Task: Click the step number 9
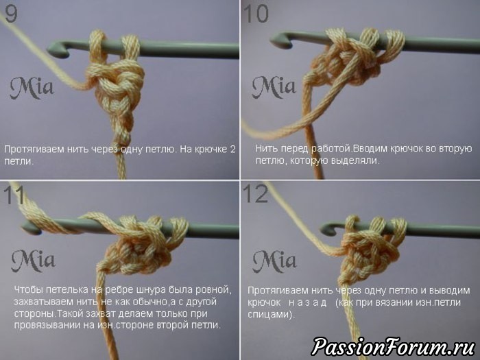coord(11,14)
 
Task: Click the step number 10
coord(256,14)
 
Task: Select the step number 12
coord(255,194)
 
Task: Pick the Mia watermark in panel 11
coord(34,261)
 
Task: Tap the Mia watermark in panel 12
coord(274,261)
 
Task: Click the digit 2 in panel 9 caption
coord(232,149)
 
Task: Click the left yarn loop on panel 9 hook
coord(97,46)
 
